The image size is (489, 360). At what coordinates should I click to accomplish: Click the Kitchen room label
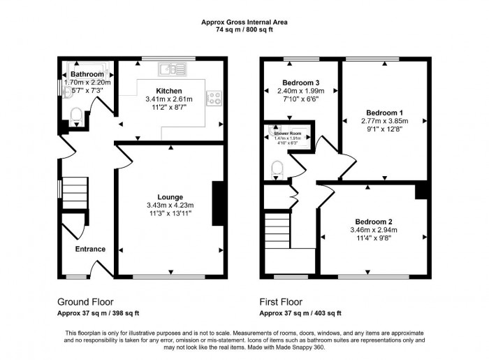point(169,91)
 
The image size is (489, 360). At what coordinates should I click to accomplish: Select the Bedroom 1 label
point(385,113)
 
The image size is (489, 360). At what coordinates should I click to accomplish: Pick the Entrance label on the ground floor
point(90,249)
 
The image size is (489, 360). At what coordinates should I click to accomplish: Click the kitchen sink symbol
point(171,69)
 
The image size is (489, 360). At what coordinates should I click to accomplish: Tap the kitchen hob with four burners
point(213,98)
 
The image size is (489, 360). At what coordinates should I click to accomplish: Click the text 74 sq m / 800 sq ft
point(245,29)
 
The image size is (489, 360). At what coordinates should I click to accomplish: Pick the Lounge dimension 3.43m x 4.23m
point(170,205)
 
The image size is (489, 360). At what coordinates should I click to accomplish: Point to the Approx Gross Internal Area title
point(245,22)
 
